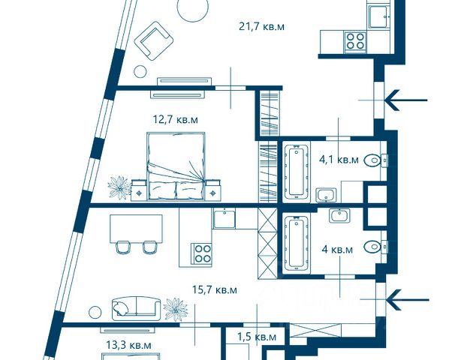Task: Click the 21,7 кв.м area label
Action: tap(261, 27)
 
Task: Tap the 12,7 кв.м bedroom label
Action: tap(176, 119)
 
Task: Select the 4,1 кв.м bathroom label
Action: tap(339, 160)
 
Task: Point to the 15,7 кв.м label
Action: tap(215, 290)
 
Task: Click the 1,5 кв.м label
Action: tap(257, 337)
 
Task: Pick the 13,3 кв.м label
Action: tap(129, 346)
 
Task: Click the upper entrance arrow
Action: tap(406, 100)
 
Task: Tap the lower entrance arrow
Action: tap(407, 300)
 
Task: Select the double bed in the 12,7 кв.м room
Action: tap(176, 166)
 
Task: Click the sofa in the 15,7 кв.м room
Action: tap(136, 309)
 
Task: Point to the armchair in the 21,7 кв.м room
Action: tap(154, 40)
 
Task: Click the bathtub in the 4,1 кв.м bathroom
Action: tap(297, 172)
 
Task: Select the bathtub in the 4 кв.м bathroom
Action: tap(297, 243)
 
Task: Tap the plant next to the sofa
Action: tap(175, 309)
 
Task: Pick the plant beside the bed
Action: tap(119, 187)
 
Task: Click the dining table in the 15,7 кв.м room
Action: tap(136, 229)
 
